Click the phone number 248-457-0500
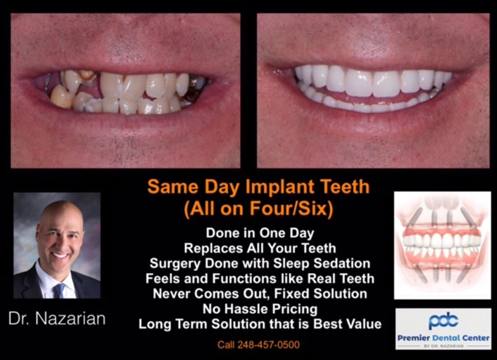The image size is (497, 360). [258, 345]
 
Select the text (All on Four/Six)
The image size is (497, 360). [258, 208]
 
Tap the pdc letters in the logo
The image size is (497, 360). [443, 321]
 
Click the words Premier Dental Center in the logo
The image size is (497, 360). [443, 337]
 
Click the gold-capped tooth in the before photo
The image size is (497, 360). [88, 75]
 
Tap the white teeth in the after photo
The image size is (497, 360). [368, 82]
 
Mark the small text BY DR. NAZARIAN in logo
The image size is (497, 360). [443, 346]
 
